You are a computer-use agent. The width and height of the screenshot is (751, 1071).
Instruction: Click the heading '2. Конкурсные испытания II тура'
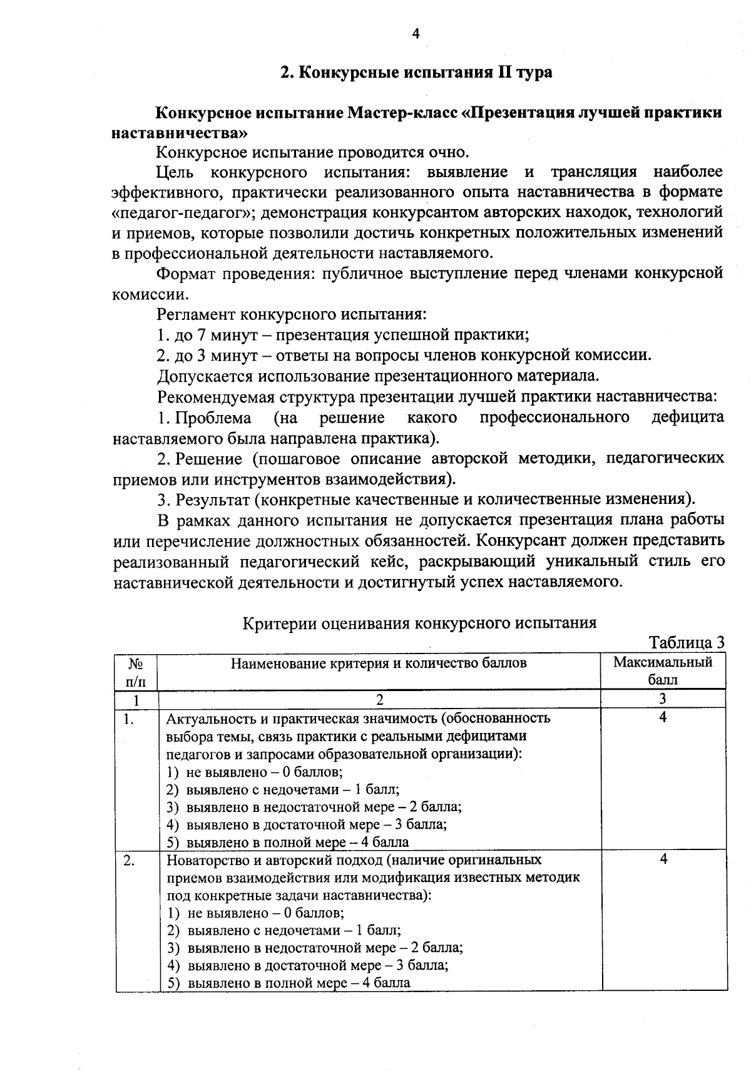416,73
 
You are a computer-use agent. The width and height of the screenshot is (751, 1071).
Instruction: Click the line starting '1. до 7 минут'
343,335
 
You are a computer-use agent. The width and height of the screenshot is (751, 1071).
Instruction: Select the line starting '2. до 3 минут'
404,356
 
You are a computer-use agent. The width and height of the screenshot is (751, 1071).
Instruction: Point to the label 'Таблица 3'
687,643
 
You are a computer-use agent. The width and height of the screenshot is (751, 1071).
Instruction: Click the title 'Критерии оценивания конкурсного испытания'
419,623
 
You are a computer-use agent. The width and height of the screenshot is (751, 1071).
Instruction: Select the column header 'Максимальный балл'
663,670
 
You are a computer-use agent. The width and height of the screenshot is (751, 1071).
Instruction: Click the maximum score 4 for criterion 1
663,717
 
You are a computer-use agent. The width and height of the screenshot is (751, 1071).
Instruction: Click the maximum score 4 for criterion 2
663,859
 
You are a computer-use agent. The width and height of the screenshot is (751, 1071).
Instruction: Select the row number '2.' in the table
130,860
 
